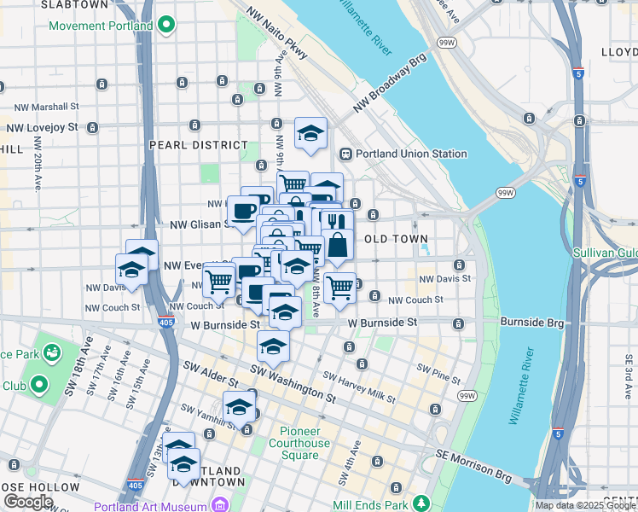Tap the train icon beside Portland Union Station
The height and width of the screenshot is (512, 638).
pyautogui.click(x=346, y=154)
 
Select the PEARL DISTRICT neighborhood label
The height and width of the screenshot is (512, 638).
pyautogui.click(x=198, y=145)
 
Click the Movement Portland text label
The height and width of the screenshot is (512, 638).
pyautogui.click(x=101, y=26)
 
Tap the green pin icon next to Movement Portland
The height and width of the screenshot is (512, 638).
pyautogui.click(x=168, y=26)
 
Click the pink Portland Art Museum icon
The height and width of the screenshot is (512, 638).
pyautogui.click(x=220, y=505)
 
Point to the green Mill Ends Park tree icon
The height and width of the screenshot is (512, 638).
pyautogui.click(x=420, y=503)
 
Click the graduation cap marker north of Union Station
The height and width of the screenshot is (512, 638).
pyautogui.click(x=310, y=133)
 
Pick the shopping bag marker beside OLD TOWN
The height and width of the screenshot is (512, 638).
pyautogui.click(x=338, y=244)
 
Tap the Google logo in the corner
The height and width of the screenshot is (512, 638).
pyautogui.click(x=28, y=502)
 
